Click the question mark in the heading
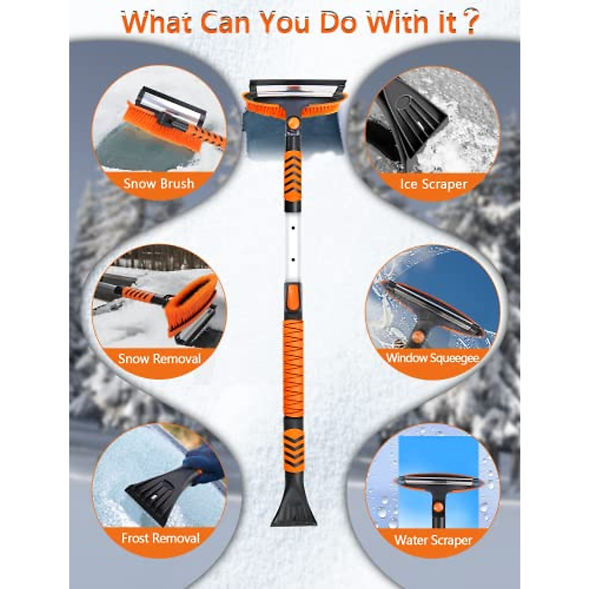pos(470,23)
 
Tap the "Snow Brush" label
pos(159,184)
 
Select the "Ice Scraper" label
pos(433,185)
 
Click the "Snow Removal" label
pos(160,359)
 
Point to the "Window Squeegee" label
pos(432,358)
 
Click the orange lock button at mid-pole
pos(293,297)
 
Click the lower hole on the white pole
pos(293,259)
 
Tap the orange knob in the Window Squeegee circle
pos(418,336)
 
